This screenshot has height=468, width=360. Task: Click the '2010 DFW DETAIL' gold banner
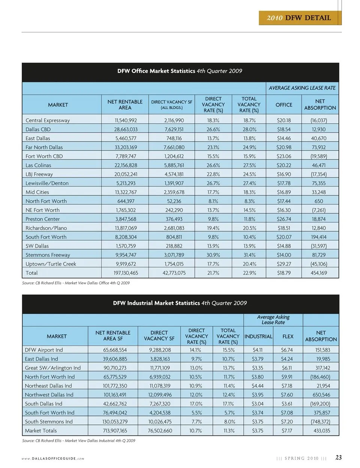(299, 18)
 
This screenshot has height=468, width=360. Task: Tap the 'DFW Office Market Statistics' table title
(180, 71)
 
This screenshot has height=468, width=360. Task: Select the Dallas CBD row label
(38, 129)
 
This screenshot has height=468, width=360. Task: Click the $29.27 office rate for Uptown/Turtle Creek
(283, 264)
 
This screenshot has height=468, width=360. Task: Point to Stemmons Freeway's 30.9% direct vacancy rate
(213, 255)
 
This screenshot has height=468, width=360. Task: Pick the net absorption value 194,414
(318, 237)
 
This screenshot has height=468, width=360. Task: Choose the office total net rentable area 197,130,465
(126, 273)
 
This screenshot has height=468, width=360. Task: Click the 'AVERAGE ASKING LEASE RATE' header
(302, 88)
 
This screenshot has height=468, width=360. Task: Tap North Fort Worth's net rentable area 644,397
(126, 201)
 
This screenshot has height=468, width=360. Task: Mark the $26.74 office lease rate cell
(283, 219)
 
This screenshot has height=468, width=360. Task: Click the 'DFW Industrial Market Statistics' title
(180, 303)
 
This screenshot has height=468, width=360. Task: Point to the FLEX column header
(288, 336)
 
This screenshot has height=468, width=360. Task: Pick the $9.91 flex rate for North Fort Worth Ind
(287, 377)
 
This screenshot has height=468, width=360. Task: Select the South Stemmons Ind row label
(49, 422)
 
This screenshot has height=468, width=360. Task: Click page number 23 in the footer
(338, 457)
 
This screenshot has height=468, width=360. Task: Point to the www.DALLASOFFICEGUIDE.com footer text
(52, 459)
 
